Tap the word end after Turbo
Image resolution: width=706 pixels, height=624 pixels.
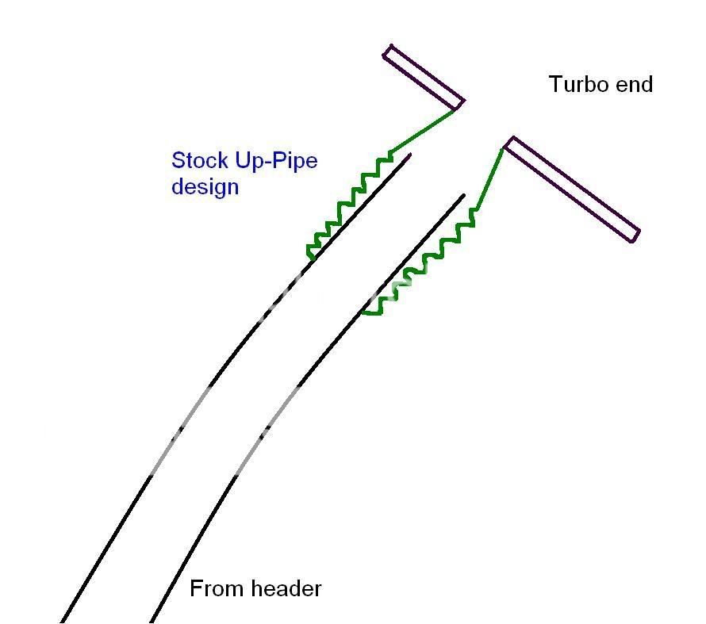[635, 84]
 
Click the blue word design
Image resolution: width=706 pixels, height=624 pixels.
[205, 187]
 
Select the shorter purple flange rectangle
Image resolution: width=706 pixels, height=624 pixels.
[424, 77]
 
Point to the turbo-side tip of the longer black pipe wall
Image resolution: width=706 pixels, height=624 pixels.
[409, 155]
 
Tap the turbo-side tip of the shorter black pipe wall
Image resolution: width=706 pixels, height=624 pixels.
[462, 196]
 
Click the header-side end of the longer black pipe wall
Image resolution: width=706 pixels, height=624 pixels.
[63, 620]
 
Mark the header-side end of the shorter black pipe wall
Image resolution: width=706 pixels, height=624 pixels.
[152, 620]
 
